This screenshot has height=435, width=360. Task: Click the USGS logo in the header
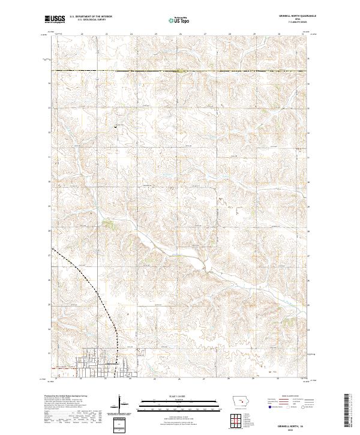pos(55,20)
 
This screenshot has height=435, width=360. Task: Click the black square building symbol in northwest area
pos(116,127)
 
